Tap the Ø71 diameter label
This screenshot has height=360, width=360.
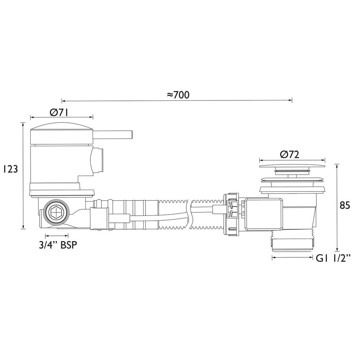pos(59,112)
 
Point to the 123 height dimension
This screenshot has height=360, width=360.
pos(8,169)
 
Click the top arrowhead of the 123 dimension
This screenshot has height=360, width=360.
pos(23,123)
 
